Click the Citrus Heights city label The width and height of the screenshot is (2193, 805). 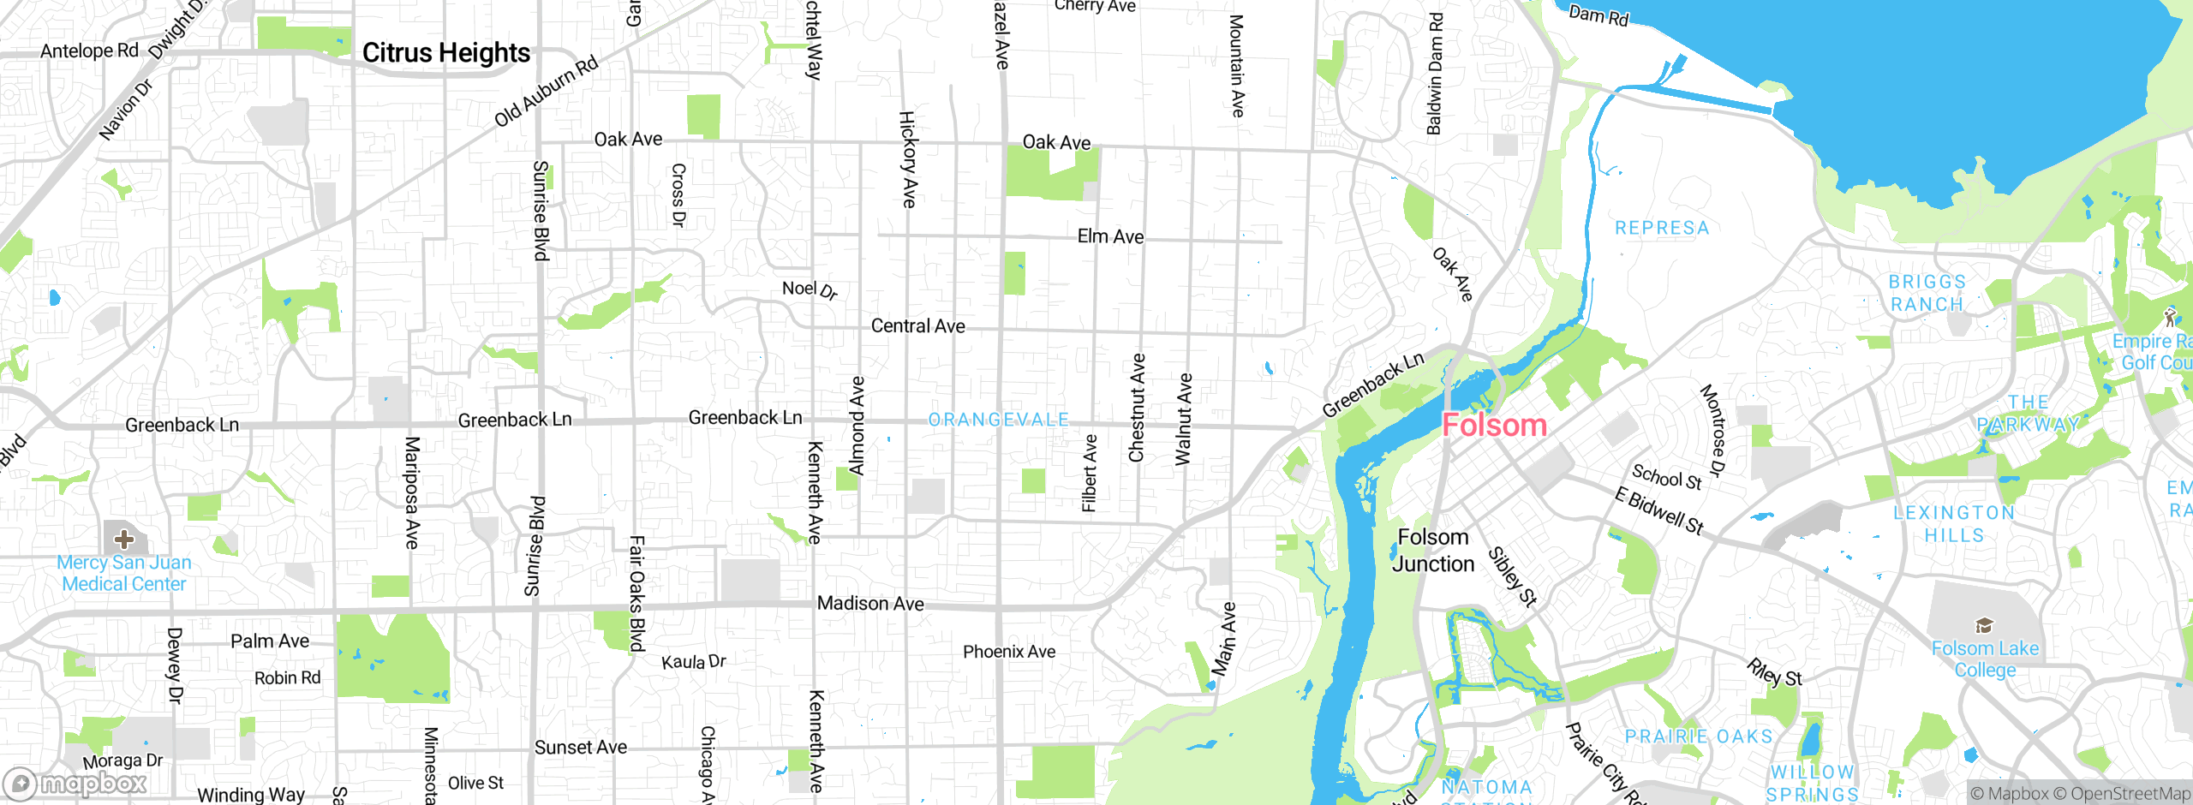point(446,53)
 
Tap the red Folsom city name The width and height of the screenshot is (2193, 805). point(1494,426)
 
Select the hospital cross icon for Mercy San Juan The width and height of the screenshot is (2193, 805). point(124,539)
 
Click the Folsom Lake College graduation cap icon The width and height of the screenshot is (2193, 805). point(1984,625)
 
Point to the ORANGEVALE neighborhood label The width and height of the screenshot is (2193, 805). point(999,420)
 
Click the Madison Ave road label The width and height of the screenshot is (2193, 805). point(870,604)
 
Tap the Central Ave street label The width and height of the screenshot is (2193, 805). point(917,326)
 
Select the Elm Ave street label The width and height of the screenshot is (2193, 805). point(1110,236)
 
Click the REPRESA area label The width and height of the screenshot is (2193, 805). point(1662,228)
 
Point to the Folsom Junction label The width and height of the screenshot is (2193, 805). point(1433,551)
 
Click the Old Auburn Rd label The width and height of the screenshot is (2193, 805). point(546,92)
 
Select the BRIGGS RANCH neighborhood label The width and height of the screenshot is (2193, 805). point(1927,293)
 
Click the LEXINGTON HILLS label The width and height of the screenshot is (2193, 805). point(1954,523)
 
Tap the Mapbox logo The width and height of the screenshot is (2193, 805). point(75,783)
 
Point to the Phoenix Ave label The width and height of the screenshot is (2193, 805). point(1009,652)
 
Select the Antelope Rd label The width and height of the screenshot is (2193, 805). point(89,51)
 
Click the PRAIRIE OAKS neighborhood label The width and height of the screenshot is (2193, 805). point(1699,736)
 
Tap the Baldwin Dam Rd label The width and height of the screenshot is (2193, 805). point(1435,74)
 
